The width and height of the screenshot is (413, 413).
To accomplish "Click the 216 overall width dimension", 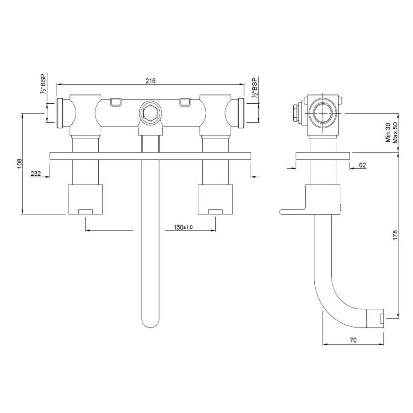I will click(x=150, y=81).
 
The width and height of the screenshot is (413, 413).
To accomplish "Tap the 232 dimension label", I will click(x=36, y=173).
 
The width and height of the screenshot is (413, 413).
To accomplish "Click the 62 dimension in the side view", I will click(x=363, y=165).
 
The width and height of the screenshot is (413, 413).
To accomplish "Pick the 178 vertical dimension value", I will click(x=395, y=235).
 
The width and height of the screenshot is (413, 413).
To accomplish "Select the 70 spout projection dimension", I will click(x=353, y=340).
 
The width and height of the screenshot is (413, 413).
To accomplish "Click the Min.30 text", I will click(x=388, y=133).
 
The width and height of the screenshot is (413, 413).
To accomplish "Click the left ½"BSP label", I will click(x=43, y=85).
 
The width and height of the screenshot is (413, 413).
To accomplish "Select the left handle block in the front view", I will click(x=85, y=199).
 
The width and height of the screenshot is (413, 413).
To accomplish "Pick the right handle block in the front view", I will click(x=215, y=199).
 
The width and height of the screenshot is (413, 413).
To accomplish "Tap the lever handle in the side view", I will click(x=293, y=211).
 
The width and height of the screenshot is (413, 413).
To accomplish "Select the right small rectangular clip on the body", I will click(x=185, y=102).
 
